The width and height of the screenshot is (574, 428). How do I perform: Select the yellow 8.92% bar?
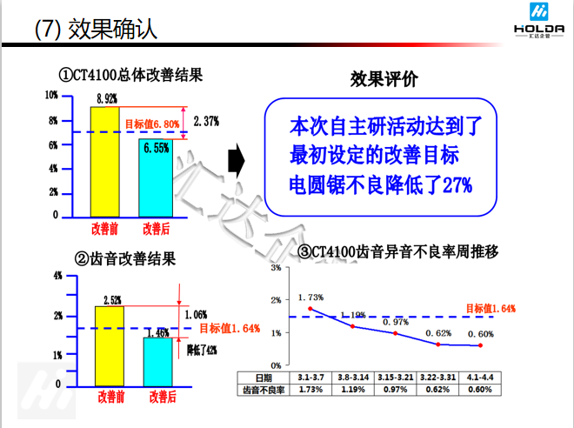pyautogui.click(x=104, y=161)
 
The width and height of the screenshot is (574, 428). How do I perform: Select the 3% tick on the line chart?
pyautogui.click(x=275, y=269)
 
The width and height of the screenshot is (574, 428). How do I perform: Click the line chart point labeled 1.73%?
pyautogui.click(x=310, y=309)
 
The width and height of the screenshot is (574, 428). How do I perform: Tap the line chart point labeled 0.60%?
pyautogui.click(x=480, y=345)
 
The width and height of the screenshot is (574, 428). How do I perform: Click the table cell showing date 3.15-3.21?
pyautogui.click(x=396, y=377)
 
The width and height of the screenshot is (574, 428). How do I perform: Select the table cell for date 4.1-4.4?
pyautogui.click(x=481, y=377)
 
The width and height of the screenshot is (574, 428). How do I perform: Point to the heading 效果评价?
pyautogui.click(x=384, y=79)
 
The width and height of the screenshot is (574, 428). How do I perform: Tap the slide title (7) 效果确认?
pyautogui.click(x=96, y=29)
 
